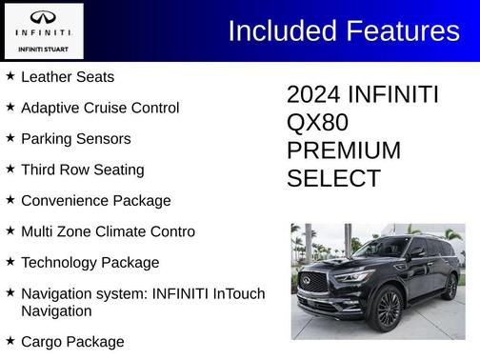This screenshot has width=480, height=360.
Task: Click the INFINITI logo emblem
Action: (x=43, y=20)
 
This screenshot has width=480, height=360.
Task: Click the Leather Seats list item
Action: (x=68, y=76)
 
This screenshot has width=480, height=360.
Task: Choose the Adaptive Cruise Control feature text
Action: (x=100, y=108)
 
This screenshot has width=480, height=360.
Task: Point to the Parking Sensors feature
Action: (x=76, y=138)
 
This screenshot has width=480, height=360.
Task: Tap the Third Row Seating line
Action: (x=83, y=170)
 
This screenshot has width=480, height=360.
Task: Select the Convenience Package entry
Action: (x=96, y=201)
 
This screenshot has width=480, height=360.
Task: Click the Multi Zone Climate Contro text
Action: (x=108, y=231)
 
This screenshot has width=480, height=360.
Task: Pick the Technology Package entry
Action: (x=90, y=262)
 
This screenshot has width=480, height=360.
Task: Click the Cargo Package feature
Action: (x=72, y=341)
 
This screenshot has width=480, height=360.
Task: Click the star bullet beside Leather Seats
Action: (x=10, y=75)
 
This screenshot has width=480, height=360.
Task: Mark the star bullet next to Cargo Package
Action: (x=10, y=340)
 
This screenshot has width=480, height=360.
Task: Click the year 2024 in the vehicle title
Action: (x=314, y=95)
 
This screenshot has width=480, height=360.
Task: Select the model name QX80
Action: (x=317, y=123)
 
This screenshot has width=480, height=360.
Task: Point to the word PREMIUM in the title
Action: (x=344, y=150)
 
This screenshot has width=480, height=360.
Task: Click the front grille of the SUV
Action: (x=316, y=283)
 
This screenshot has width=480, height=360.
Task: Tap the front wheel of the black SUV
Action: (x=388, y=309)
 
